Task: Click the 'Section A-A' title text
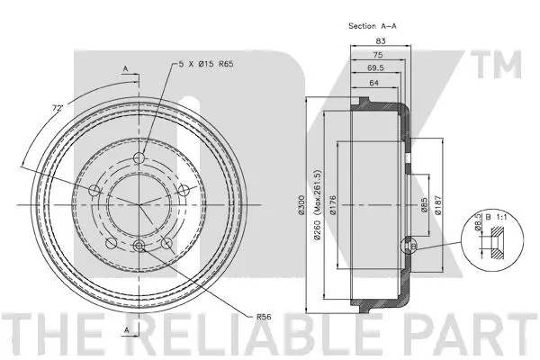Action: [x=373, y=27]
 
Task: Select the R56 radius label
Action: [x=265, y=317]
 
